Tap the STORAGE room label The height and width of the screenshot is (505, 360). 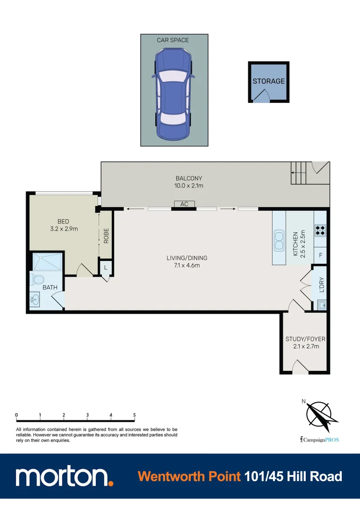tap(268, 81)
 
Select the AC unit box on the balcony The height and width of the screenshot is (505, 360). tap(184, 204)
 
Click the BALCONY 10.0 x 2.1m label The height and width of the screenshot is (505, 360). tap(189, 182)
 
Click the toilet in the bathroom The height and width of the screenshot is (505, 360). tap(36, 281)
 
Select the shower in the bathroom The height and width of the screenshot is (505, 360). tap(47, 262)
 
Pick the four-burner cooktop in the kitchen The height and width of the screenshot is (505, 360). tap(321, 230)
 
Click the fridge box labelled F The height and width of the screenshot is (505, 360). tap(320, 255)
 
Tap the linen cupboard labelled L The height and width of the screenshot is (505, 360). tap(106, 268)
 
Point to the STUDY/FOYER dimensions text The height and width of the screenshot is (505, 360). tap(305, 346)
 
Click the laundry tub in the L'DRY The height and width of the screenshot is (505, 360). tap(321, 305)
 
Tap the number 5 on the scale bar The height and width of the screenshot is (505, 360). tap(135, 415)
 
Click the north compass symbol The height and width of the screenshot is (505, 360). tap(318, 415)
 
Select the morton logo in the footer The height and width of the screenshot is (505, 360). tap(64, 477)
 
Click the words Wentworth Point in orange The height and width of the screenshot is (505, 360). tap(189, 476)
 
